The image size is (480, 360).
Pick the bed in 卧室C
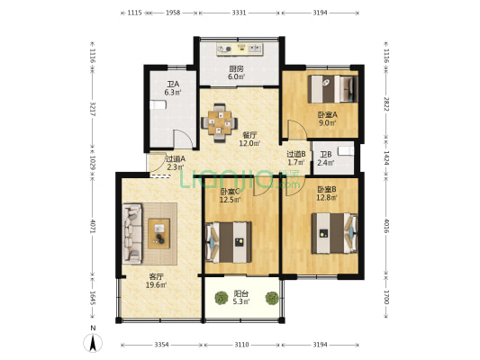coord(232,240)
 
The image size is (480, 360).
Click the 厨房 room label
coord(236,73)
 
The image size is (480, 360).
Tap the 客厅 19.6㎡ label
coord(157,281)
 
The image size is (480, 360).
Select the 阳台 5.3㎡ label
coord(241,298)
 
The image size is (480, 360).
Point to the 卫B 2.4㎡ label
coord(325,158)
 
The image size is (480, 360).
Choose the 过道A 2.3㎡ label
coord(175,163)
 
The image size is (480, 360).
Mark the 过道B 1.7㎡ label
coord(296,157)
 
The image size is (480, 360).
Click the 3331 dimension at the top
coord(240,13)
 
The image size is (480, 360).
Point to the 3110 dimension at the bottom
coord(242,345)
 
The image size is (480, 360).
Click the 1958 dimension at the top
coord(173,13)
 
